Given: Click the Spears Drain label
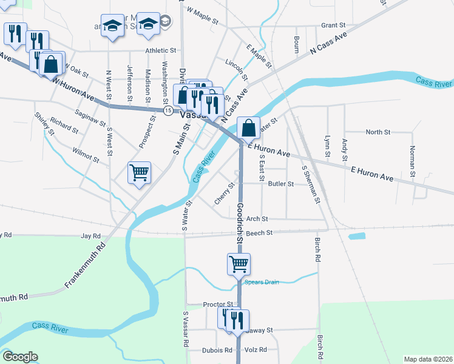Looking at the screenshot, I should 261,282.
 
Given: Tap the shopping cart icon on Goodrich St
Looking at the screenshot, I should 239,264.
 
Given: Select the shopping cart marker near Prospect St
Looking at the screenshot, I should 139,174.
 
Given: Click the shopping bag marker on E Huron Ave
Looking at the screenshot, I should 248,128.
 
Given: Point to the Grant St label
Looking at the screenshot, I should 333,25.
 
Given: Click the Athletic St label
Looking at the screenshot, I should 160,51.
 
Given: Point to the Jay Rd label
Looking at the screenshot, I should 90,235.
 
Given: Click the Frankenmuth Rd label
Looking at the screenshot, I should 85,266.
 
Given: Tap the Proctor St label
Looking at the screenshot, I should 218,304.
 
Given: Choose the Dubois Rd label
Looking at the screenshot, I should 218,350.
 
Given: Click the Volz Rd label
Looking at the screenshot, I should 256,350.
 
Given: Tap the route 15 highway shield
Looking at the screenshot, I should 168,110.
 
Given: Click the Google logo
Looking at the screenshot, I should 20,357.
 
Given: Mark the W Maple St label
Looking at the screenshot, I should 203,15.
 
